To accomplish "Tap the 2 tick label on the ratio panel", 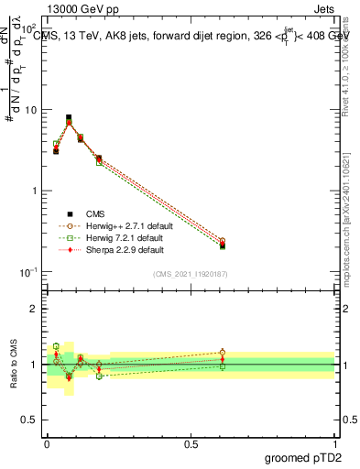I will coord(36,309).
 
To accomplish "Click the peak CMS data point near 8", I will coord(69,118).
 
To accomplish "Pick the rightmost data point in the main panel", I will coord(223,244).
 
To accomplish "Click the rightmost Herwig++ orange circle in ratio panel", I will coord(223,352).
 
